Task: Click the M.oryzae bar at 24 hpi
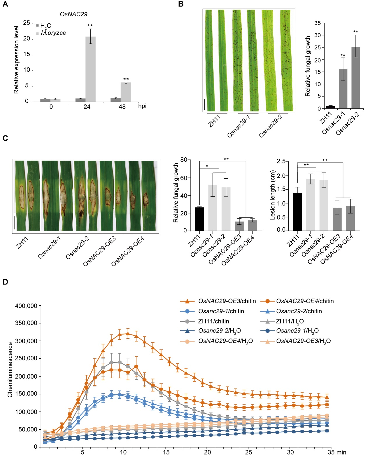[x=90, y=69]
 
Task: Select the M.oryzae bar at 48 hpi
[x=126, y=92]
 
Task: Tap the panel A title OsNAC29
[x=73, y=14]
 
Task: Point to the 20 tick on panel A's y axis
[x=27, y=39]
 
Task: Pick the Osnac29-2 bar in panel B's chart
[x=355, y=78]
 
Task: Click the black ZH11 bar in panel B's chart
[x=330, y=107]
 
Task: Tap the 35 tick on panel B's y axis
[x=318, y=23]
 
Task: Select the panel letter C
[x=5, y=138]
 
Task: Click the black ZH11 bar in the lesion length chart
[x=297, y=212]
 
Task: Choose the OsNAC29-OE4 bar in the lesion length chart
[x=350, y=218]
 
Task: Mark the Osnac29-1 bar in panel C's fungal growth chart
[x=213, y=208]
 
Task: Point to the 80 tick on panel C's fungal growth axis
[x=184, y=160]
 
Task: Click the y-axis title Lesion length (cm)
[x=273, y=195]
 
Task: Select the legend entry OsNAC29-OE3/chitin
[x=227, y=301]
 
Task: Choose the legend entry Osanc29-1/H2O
[x=297, y=331]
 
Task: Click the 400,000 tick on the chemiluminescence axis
[x=26, y=306]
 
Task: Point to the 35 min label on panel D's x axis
[x=337, y=452]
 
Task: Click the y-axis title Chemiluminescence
[x=10, y=370]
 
